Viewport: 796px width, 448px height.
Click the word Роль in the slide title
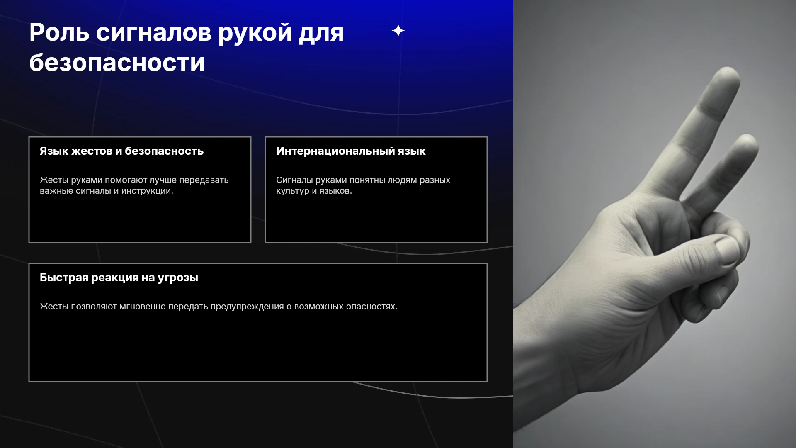(59, 32)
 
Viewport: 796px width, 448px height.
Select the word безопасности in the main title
(117, 63)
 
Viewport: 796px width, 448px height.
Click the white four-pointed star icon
(398, 31)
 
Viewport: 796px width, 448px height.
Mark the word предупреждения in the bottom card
(247, 307)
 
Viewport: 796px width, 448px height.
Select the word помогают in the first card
(126, 180)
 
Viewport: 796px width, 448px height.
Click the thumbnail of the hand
(655, 224)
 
